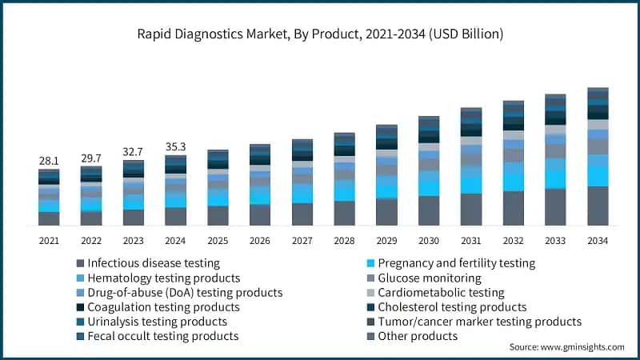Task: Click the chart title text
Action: point(320,35)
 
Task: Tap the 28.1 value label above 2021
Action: point(49,161)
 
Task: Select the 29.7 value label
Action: point(91,158)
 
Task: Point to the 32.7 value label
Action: point(133,151)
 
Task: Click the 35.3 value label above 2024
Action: point(175,146)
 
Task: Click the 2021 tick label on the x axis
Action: point(49,241)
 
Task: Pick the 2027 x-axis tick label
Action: point(302,241)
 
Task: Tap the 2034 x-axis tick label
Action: point(598,241)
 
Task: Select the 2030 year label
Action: point(429,241)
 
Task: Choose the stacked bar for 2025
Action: point(218,188)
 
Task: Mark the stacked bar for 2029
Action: point(386,175)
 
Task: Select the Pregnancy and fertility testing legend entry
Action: point(456,263)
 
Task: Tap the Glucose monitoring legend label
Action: point(429,278)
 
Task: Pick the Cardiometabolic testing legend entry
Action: point(441,293)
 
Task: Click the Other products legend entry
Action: point(417,336)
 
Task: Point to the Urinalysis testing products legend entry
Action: point(157,322)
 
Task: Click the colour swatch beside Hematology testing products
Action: point(80,278)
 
